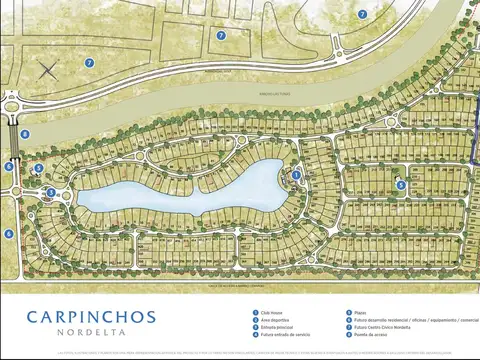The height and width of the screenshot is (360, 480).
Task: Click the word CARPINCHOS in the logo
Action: pos(91,317)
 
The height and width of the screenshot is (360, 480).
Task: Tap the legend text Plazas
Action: pos(359,312)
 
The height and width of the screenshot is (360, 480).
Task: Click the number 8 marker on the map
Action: pos(25,134)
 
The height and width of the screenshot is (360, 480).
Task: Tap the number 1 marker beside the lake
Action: pos(296,175)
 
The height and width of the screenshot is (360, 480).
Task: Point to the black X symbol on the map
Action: pos(47,70)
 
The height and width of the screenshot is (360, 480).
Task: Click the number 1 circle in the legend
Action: pos(255,312)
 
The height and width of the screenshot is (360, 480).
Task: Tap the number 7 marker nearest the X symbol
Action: pos(89,63)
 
